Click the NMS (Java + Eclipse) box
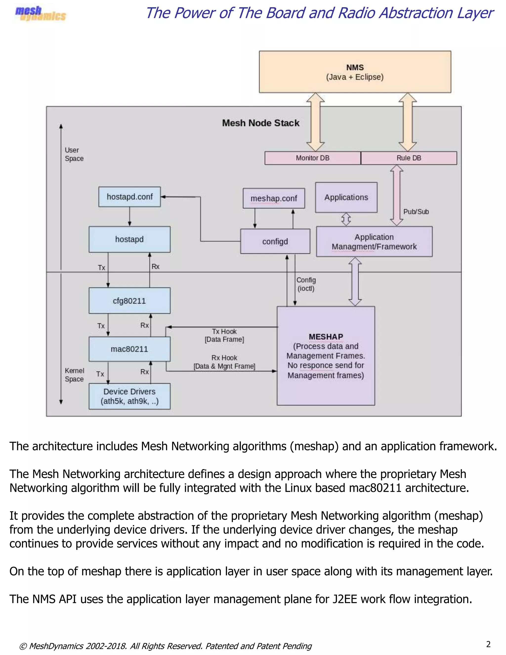point(355,72)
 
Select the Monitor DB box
point(312,158)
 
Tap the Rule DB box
point(409,158)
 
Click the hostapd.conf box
point(129,197)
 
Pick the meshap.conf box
point(274,198)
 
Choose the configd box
point(275,241)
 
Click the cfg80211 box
point(129,301)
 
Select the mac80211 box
point(129,349)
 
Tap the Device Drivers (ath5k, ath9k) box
point(129,396)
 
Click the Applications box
point(346,197)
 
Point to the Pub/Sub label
point(416,212)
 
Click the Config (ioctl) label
point(306,284)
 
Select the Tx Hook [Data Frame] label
point(224,335)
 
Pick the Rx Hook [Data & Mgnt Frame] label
point(224,362)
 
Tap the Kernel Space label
point(74,375)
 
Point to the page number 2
point(488,644)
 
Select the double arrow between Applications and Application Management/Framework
point(346,219)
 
